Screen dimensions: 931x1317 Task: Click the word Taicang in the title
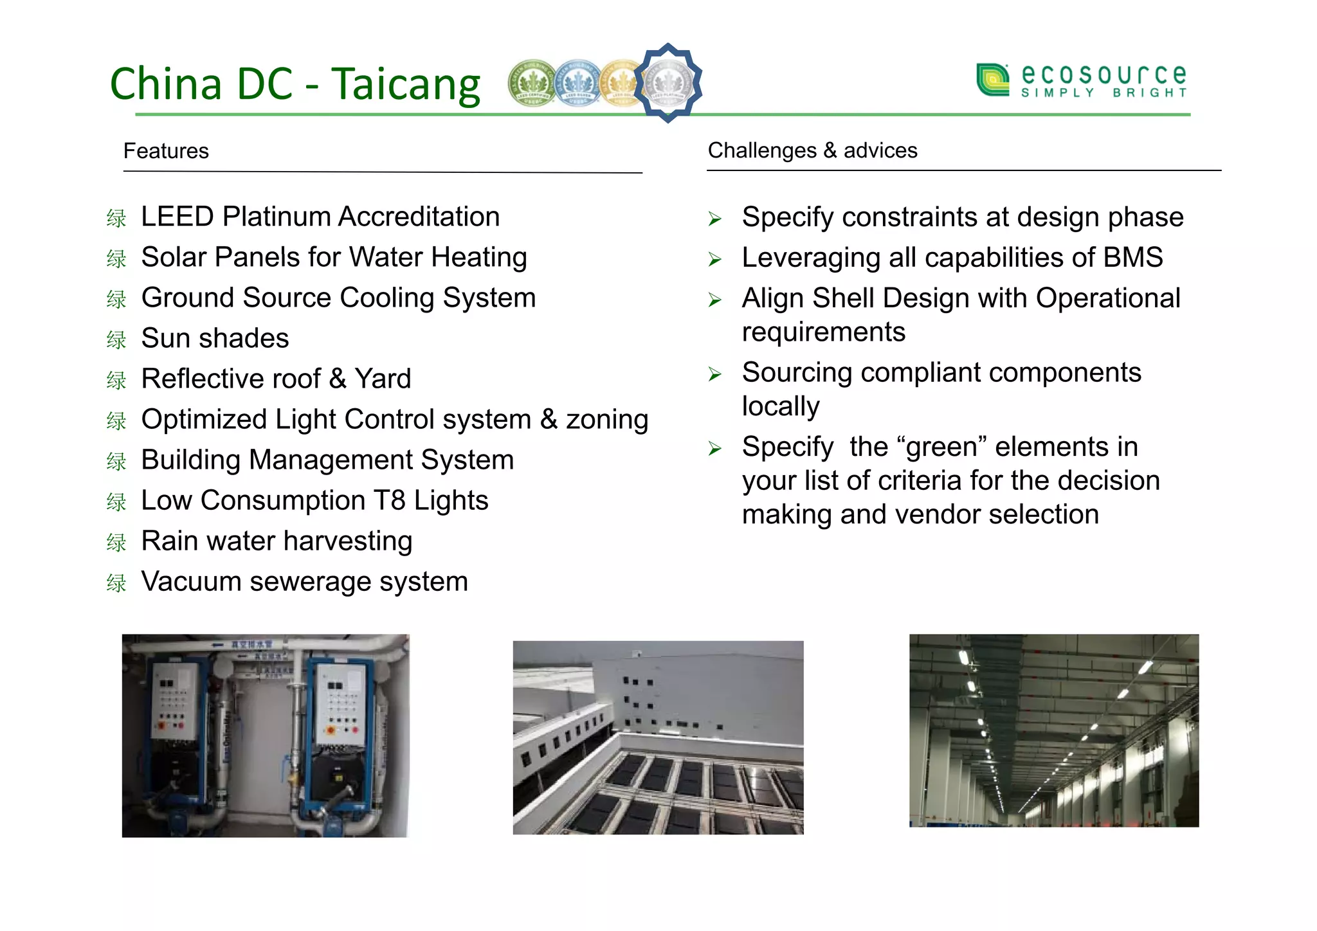[x=406, y=85]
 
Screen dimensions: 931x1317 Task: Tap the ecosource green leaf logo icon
[x=992, y=80]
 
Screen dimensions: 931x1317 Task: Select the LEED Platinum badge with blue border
[x=668, y=82]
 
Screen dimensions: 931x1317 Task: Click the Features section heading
[x=166, y=151]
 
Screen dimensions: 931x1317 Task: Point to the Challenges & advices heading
[x=812, y=150]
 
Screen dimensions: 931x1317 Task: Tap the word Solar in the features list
[x=174, y=257]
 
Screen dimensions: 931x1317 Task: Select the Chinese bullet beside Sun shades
[x=116, y=339]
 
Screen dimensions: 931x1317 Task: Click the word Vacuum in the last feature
[x=191, y=581]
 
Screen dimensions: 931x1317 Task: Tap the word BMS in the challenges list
[x=1133, y=257]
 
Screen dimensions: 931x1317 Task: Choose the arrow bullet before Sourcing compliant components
[x=714, y=374]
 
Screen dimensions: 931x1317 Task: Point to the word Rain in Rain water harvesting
[x=168, y=541]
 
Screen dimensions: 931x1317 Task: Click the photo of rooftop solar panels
[x=658, y=737]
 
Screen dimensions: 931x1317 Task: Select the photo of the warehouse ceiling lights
[x=1053, y=730]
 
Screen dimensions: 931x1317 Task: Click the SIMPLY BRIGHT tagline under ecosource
[x=1104, y=93]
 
